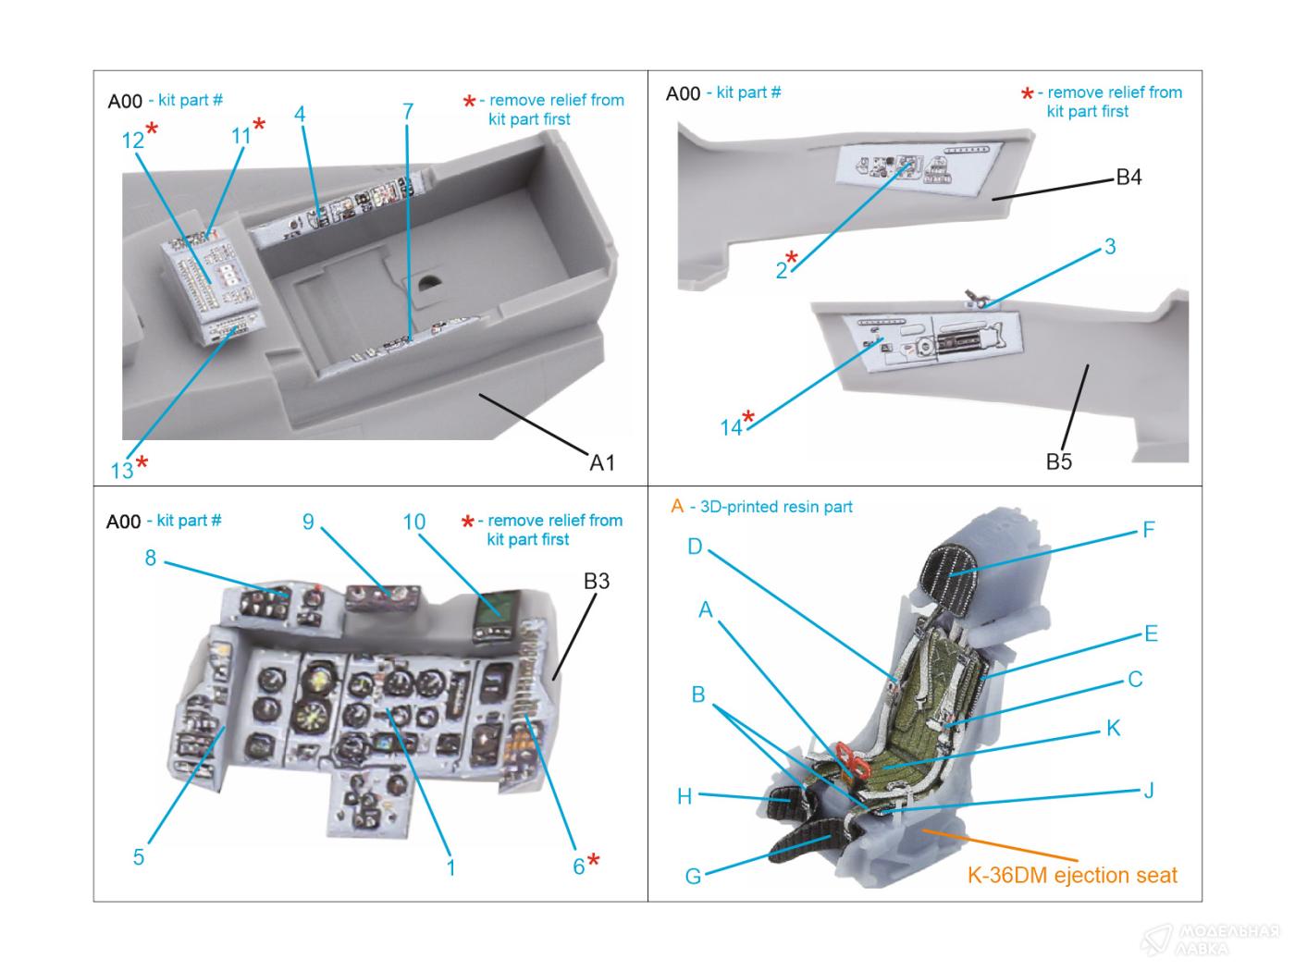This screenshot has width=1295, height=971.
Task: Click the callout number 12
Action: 132,140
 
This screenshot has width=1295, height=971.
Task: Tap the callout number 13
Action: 122,471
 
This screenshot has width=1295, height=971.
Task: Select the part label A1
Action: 602,462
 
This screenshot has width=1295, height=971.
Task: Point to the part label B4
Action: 1128,177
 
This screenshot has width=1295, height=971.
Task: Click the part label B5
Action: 1058,461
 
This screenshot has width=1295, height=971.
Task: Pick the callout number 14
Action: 731,427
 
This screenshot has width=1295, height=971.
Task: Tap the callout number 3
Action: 1109,246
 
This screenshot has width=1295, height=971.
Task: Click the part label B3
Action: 597,581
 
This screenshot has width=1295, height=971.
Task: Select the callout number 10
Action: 413,522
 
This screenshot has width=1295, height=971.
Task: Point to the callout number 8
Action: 150,558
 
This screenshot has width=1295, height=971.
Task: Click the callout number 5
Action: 138,857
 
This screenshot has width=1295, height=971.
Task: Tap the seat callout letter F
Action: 1148,530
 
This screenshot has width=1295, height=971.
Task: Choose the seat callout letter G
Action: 693,876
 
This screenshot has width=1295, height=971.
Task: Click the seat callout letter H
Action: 684,796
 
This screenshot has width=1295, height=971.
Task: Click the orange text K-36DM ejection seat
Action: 1072,875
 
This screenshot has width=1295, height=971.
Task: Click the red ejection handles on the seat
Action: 856,758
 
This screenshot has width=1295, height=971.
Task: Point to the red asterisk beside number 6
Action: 594,861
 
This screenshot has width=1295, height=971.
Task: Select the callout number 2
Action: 782,270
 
